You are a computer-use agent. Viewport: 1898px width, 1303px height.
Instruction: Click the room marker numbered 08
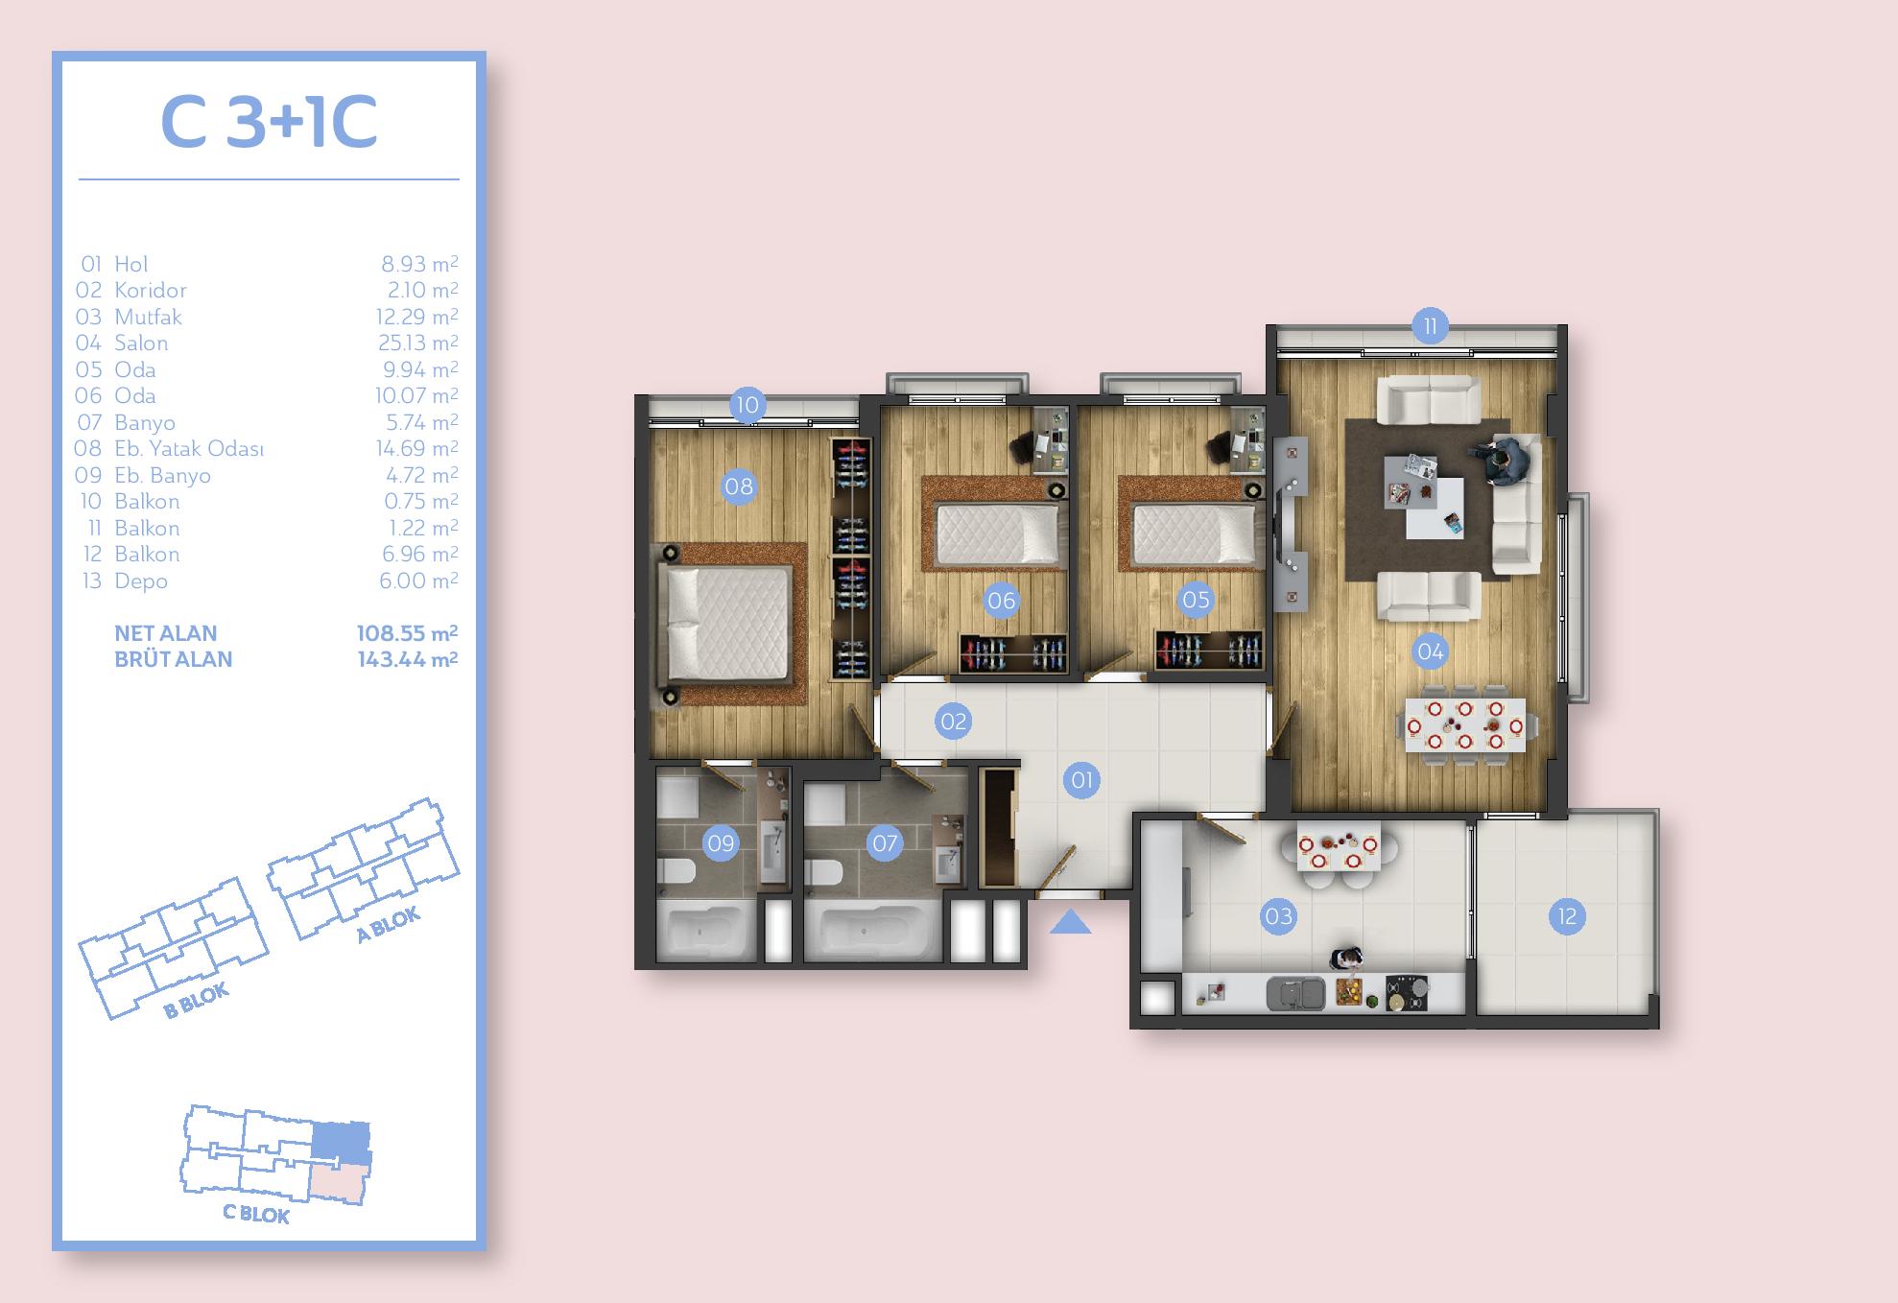click(x=738, y=486)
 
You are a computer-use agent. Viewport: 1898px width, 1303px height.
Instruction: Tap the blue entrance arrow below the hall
click(x=1070, y=922)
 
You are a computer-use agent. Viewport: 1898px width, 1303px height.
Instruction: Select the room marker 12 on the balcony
click(x=1567, y=916)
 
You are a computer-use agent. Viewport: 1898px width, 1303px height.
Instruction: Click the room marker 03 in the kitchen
click(x=1278, y=916)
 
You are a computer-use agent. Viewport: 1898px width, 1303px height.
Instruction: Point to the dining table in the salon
click(x=1464, y=725)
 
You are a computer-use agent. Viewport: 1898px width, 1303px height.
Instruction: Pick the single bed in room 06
click(x=1000, y=533)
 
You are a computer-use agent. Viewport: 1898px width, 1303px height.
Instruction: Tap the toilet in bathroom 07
click(x=823, y=872)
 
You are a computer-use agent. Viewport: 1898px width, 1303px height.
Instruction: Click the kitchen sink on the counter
click(x=1295, y=993)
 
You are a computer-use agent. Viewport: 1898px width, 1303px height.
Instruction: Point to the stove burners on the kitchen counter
click(x=1406, y=993)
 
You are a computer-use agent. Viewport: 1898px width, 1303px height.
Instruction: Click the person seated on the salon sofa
click(x=1506, y=460)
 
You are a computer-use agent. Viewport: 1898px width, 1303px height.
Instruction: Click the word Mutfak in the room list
click(x=148, y=317)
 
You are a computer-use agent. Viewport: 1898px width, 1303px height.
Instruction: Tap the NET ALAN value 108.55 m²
click(x=407, y=633)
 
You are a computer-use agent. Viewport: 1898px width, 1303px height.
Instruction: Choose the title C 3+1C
click(x=269, y=123)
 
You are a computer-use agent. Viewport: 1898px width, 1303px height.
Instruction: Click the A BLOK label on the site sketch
click(x=389, y=925)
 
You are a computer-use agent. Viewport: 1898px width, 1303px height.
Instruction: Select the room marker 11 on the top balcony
click(x=1430, y=326)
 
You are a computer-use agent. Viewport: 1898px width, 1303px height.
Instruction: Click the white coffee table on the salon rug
click(x=1436, y=509)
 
